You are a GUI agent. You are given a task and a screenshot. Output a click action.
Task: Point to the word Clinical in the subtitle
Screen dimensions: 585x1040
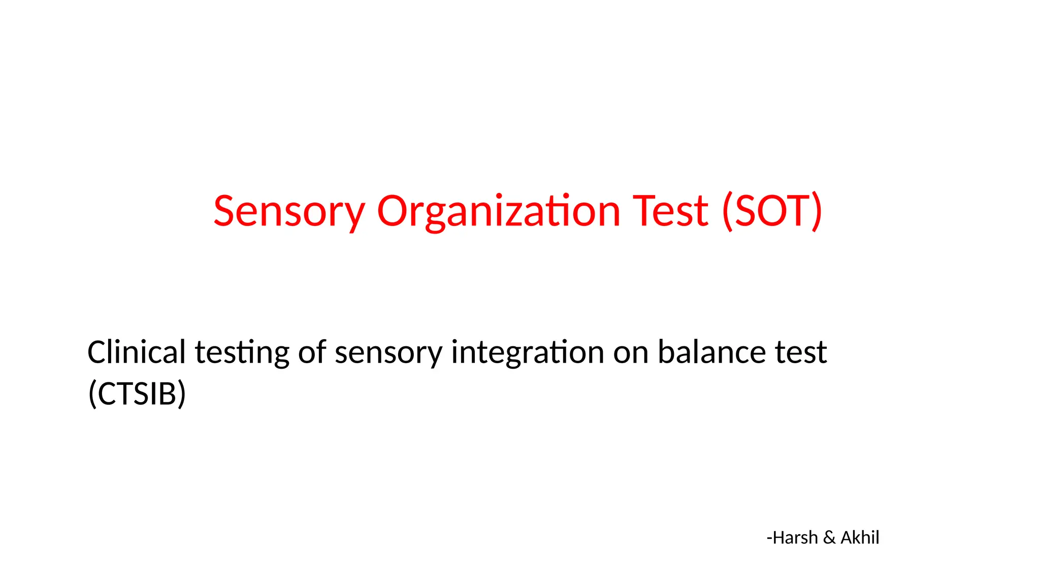tap(137, 352)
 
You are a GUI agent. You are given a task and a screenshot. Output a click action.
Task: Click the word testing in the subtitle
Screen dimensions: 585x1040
tap(242, 353)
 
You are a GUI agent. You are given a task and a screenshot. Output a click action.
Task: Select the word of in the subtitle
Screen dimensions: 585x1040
tap(312, 352)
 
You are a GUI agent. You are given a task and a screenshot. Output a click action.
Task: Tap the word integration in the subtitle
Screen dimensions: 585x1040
tap(528, 353)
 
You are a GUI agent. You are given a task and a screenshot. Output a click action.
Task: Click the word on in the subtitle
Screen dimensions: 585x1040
tap(631, 353)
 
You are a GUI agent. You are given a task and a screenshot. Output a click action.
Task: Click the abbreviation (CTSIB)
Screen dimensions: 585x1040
tap(137, 394)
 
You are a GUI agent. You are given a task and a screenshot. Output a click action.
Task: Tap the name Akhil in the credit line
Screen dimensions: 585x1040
tap(860, 537)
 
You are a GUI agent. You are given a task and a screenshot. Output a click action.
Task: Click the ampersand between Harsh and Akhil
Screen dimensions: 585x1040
tap(829, 537)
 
